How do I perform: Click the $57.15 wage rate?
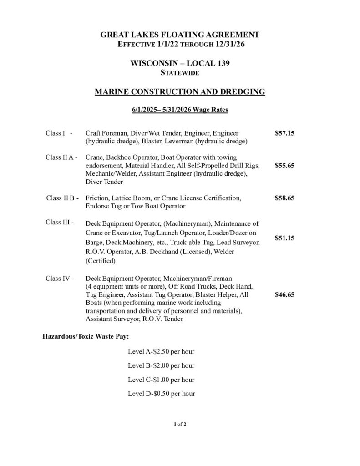click(x=285, y=133)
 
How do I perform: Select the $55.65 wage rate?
click(x=285, y=166)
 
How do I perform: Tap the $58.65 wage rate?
click(x=285, y=198)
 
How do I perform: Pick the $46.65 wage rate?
click(x=285, y=294)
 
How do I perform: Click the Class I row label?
click(x=59, y=133)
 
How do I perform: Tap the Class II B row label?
click(x=62, y=198)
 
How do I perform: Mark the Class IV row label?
click(x=60, y=278)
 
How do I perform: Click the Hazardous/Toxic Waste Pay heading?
click(x=86, y=337)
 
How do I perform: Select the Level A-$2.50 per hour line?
click(x=161, y=352)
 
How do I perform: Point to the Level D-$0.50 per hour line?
click(x=161, y=393)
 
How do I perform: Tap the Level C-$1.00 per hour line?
click(x=161, y=380)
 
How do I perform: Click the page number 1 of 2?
click(x=180, y=424)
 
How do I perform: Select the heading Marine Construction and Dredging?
click(x=180, y=92)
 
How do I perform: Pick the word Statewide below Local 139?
click(x=180, y=72)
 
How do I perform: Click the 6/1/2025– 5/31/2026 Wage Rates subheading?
click(x=180, y=110)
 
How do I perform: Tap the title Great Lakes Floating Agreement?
click(x=180, y=35)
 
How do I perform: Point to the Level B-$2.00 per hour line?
click(x=161, y=365)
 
